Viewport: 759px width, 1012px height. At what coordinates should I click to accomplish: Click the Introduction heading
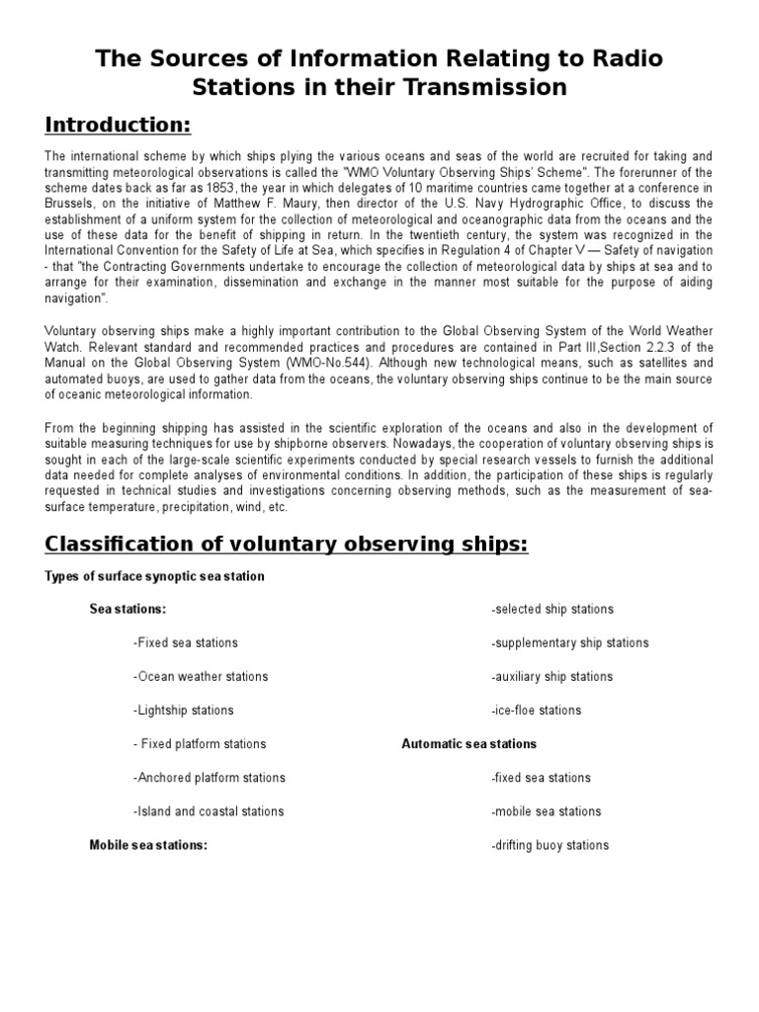point(118,126)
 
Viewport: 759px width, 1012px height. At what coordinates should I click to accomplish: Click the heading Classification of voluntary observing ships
point(287,545)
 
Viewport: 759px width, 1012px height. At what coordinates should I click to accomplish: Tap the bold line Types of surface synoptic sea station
point(154,576)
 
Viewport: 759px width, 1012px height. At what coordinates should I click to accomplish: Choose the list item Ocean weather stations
point(200,677)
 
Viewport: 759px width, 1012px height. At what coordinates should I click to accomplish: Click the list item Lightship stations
point(183,711)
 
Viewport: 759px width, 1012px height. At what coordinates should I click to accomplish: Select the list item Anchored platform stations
point(209,778)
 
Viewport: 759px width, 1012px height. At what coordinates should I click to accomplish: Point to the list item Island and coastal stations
point(208,811)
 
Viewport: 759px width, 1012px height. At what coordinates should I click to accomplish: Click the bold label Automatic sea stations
point(468,744)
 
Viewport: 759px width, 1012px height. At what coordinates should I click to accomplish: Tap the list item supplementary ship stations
point(569,643)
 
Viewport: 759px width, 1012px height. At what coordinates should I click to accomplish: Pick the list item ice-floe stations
point(536,711)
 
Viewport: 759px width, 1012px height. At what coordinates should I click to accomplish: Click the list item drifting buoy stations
point(549,845)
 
